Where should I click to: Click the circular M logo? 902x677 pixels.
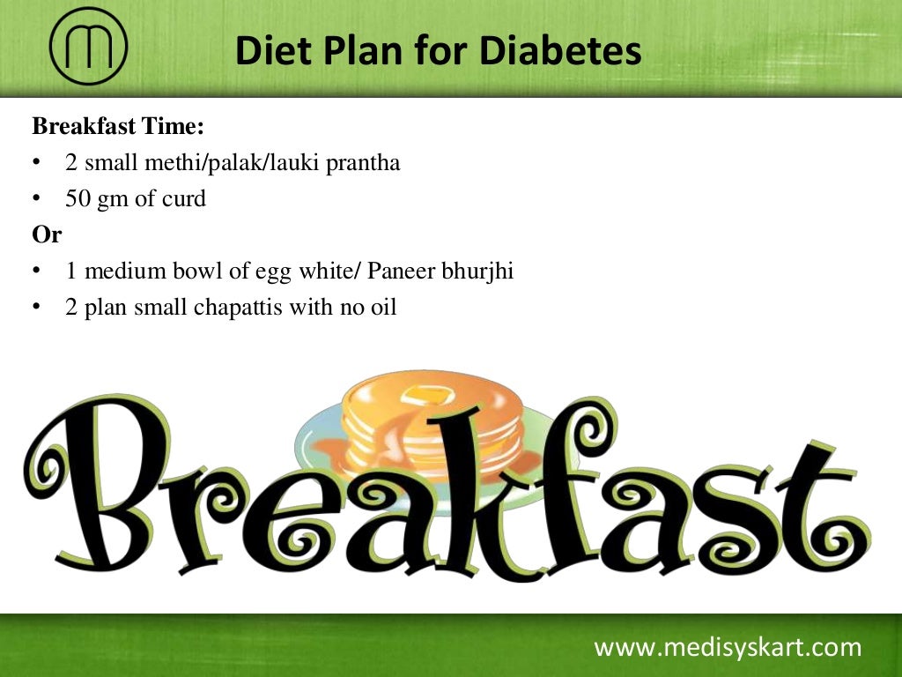[88, 46]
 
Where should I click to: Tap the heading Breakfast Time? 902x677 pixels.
[118, 127]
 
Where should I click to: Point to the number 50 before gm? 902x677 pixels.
[78, 199]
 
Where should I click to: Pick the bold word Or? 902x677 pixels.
[47, 235]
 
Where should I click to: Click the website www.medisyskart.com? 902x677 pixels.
[728, 648]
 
